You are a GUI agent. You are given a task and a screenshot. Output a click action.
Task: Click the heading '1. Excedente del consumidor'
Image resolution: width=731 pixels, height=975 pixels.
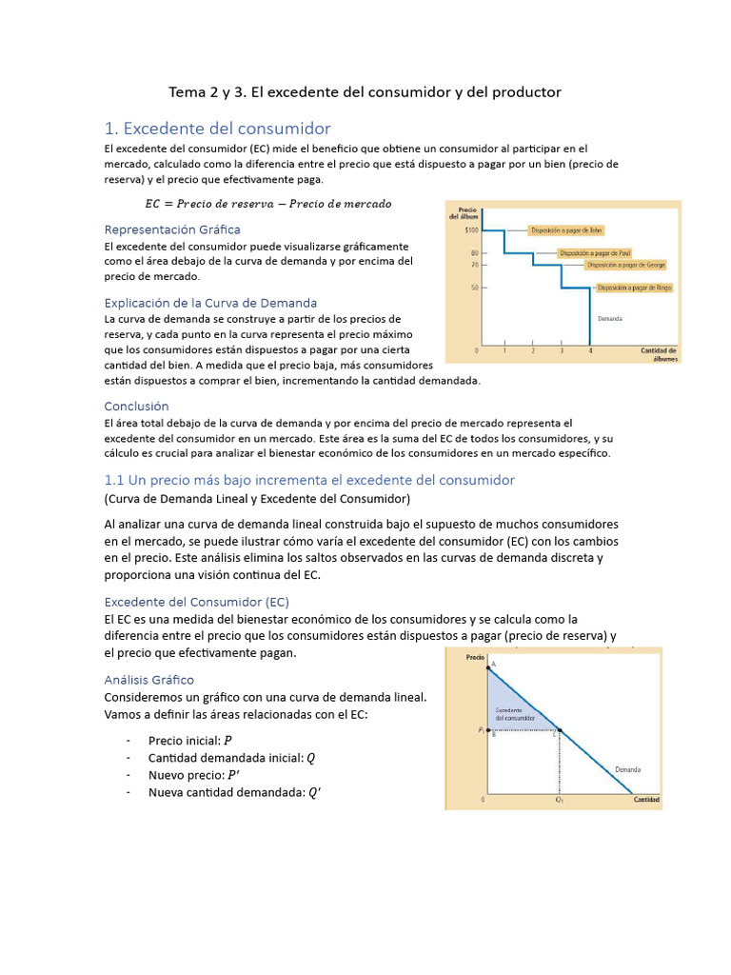(x=217, y=129)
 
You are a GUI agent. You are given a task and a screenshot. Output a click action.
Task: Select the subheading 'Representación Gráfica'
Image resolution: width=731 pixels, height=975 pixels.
(x=171, y=229)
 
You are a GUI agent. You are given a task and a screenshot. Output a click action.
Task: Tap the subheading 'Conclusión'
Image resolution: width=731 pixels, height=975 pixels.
(x=136, y=406)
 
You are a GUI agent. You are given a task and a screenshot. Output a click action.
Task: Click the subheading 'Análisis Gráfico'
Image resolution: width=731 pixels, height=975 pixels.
(x=148, y=680)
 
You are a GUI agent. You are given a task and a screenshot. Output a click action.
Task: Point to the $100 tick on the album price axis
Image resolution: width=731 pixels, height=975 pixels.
(x=471, y=229)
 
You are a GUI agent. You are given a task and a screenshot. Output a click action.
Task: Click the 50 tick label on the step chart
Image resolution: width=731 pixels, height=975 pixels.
(x=473, y=287)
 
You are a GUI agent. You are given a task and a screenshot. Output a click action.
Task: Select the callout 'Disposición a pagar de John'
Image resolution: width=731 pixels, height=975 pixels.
(x=566, y=229)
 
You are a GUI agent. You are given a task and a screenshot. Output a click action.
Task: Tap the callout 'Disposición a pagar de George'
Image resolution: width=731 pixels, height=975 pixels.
(x=625, y=264)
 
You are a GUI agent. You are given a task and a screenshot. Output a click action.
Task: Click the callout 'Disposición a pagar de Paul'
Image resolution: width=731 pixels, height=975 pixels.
(x=595, y=253)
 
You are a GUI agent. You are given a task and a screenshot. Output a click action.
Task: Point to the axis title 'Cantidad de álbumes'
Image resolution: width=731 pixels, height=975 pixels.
(x=658, y=355)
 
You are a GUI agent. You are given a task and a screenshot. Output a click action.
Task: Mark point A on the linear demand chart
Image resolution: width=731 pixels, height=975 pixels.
(x=492, y=665)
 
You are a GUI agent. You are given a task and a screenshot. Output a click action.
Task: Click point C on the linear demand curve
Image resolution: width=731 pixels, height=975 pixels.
(x=556, y=734)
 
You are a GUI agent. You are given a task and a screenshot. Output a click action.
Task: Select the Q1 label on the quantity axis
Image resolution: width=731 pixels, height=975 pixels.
(x=560, y=801)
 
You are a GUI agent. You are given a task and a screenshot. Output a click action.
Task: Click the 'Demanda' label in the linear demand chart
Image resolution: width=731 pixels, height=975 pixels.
(x=627, y=769)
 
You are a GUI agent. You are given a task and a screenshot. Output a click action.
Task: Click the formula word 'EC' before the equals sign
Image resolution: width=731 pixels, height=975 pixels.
(x=153, y=204)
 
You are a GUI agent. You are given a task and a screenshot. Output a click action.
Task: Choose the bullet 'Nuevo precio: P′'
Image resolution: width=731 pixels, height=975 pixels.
(x=193, y=775)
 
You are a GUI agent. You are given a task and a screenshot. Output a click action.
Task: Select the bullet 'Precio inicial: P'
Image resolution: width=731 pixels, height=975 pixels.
(x=189, y=741)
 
